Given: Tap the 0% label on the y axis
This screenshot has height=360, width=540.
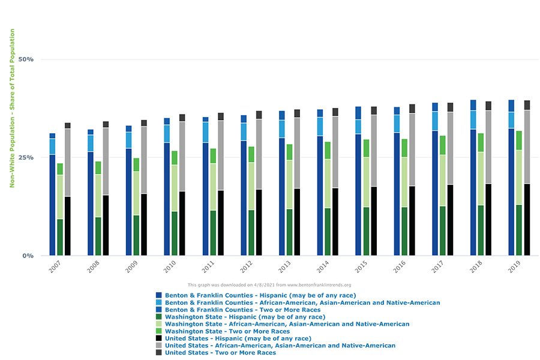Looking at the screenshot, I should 28,256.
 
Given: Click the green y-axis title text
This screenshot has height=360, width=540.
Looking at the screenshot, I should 12,108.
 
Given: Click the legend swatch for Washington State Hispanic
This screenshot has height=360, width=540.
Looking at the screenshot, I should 159,317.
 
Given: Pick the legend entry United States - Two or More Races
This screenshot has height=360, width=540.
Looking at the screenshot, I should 220,353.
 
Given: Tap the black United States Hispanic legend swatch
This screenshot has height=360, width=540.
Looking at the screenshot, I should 159,338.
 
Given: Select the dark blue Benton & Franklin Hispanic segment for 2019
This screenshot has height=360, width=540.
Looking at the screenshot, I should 511,192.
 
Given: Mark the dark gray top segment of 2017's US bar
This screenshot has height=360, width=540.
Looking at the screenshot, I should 450,107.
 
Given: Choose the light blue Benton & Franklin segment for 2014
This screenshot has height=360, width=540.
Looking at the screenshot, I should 320,126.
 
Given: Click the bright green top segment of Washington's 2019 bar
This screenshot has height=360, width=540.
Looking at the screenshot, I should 519,140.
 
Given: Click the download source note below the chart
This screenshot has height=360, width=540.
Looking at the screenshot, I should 269,285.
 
